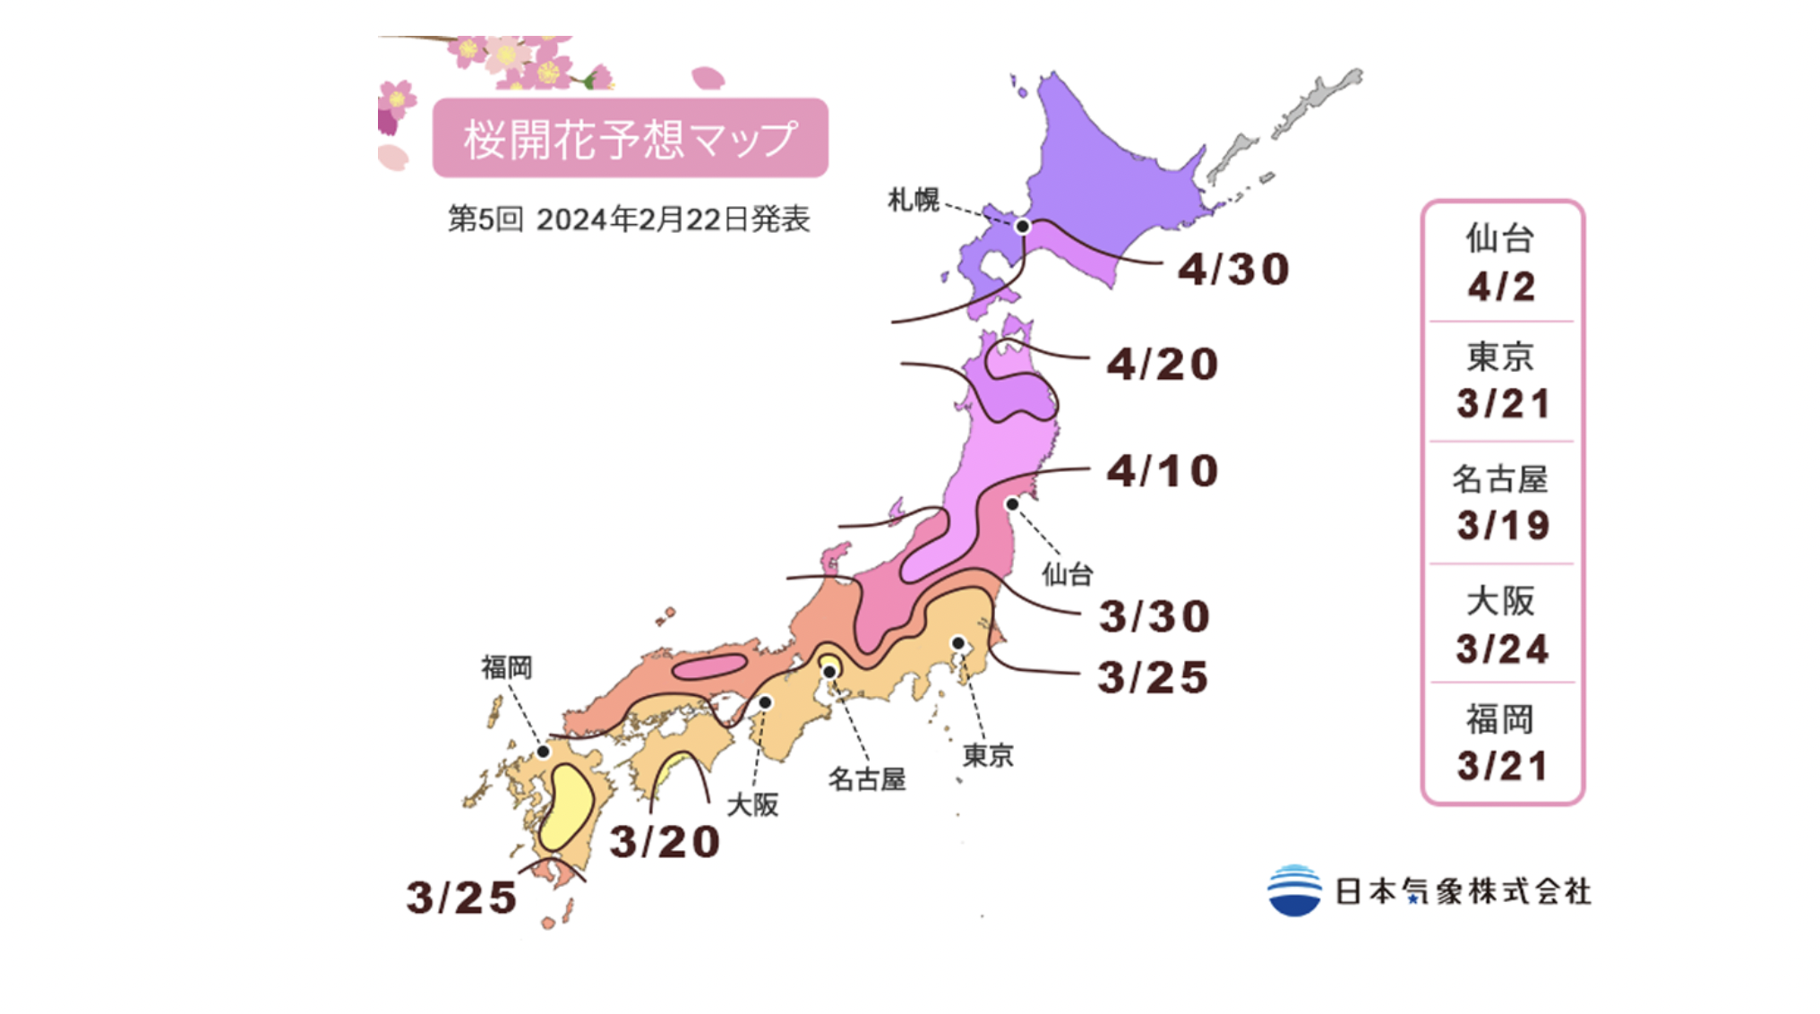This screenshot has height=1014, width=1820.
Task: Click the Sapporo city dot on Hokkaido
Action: click(1022, 227)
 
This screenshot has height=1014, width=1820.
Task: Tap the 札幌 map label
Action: click(913, 199)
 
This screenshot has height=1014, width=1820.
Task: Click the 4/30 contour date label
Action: click(1233, 269)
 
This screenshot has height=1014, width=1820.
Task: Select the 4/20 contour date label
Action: click(1163, 364)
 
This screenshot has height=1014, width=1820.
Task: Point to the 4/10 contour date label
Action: click(1163, 471)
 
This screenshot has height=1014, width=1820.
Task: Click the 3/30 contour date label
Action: click(1155, 616)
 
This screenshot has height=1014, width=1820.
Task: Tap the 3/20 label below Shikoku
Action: click(665, 841)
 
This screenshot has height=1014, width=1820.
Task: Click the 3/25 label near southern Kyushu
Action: click(461, 897)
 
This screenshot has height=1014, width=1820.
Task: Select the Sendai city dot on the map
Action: click(1012, 504)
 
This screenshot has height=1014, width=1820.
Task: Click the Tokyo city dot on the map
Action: click(957, 643)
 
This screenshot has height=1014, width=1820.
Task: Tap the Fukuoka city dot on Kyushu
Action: click(543, 751)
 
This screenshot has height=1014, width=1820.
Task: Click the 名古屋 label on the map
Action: click(866, 778)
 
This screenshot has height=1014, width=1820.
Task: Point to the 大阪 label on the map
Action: click(751, 803)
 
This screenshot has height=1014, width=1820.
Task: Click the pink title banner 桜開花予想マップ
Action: click(630, 138)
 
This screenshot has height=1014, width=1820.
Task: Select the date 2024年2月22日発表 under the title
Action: click(673, 219)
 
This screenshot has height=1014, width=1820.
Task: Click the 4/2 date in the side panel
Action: click(1501, 287)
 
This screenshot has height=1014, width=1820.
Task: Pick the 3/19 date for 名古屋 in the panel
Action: click(1502, 525)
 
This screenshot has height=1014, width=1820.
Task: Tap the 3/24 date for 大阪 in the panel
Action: click(1502, 649)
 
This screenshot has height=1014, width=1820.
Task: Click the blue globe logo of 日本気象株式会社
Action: click(1294, 889)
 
